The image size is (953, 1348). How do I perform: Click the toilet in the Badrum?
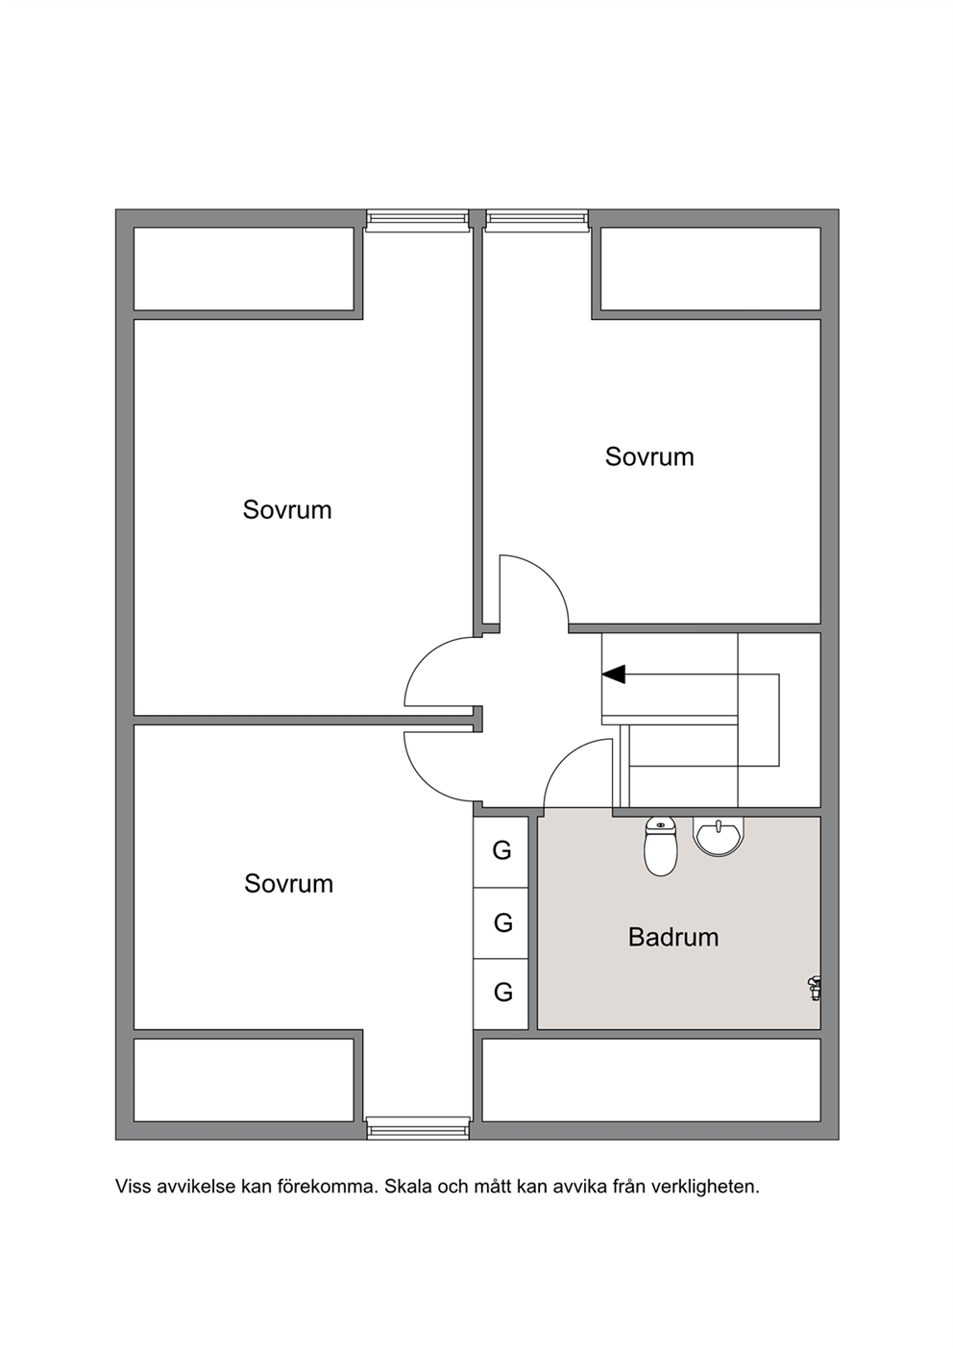pyautogui.click(x=661, y=846)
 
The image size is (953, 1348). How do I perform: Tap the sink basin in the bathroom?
pyautogui.click(x=719, y=835)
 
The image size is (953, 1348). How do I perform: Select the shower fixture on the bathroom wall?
pyautogui.click(x=815, y=988)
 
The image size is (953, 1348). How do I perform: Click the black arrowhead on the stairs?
pyautogui.click(x=614, y=674)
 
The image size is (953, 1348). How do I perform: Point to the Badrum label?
pyautogui.click(x=673, y=937)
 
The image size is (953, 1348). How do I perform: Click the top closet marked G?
pyautogui.click(x=501, y=851)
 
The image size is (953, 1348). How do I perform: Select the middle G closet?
pyautogui.click(x=501, y=922)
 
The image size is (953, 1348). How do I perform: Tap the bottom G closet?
pyautogui.click(x=501, y=993)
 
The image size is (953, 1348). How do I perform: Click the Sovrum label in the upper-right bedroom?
pyautogui.click(x=649, y=456)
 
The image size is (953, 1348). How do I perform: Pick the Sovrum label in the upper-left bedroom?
pyautogui.click(x=287, y=510)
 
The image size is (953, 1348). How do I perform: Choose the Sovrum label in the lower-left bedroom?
pyautogui.click(x=288, y=883)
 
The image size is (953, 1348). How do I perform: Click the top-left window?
pyautogui.click(x=417, y=220)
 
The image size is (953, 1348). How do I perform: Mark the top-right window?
pyautogui.click(x=537, y=220)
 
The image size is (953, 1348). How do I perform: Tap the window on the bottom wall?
pyautogui.click(x=417, y=1128)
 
